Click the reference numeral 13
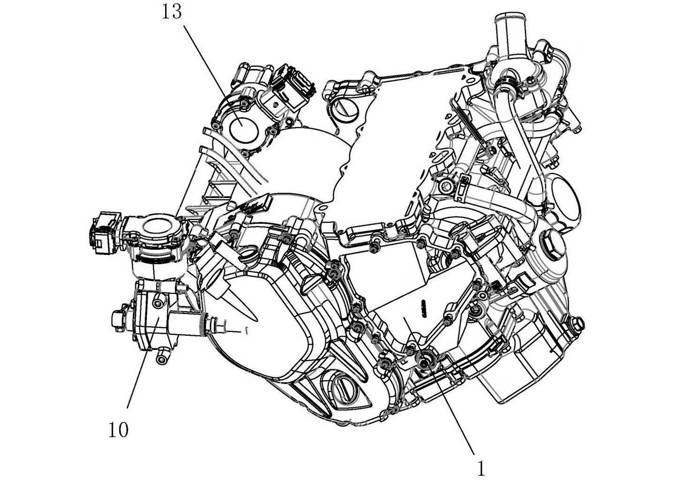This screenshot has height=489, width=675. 172,12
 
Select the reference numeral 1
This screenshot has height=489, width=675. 481,469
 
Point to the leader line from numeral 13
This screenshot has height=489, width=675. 213,75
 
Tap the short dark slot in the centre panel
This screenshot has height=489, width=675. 423,308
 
